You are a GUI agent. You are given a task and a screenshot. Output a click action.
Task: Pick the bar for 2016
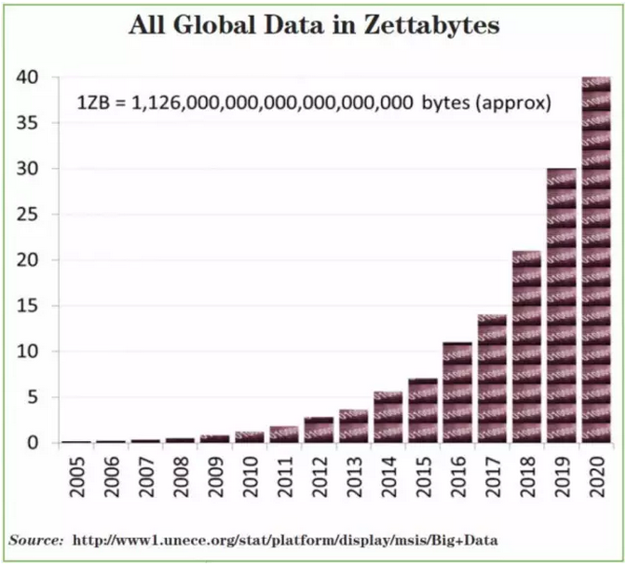(x=457, y=393)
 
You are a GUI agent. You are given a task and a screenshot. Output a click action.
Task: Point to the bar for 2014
(x=388, y=417)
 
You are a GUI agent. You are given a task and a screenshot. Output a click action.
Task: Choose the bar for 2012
(x=319, y=430)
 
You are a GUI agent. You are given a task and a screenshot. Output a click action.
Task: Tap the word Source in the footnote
(x=34, y=540)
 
